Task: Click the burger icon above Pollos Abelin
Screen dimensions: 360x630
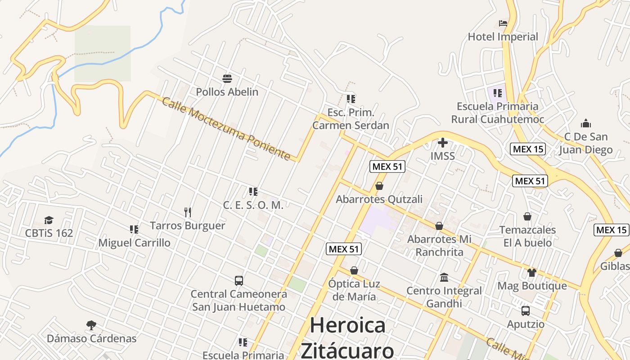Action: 227,79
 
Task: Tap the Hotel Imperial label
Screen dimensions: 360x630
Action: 503,37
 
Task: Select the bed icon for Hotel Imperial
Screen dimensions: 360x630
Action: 503,23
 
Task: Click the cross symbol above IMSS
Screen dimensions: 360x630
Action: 443,143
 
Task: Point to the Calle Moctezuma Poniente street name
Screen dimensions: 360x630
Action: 226,129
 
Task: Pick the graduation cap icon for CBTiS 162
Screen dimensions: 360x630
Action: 49,220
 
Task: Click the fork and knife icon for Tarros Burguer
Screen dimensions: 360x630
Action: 188,212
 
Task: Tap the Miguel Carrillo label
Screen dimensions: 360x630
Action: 134,243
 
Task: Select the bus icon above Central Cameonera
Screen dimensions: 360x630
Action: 239,281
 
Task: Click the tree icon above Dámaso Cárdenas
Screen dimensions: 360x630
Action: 91,325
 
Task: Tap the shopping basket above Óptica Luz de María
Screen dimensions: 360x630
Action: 354,270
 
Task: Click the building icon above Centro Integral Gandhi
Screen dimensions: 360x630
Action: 444,277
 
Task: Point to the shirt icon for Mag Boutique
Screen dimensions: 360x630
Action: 532,272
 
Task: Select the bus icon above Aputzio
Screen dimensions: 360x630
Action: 525,310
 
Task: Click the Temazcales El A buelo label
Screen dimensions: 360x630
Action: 527,236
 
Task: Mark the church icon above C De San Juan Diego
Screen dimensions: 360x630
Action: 586,123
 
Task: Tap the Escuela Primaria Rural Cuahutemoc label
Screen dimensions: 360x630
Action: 497,112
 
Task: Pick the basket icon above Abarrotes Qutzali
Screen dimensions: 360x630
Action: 379,186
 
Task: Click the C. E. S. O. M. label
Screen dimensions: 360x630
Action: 253,205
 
